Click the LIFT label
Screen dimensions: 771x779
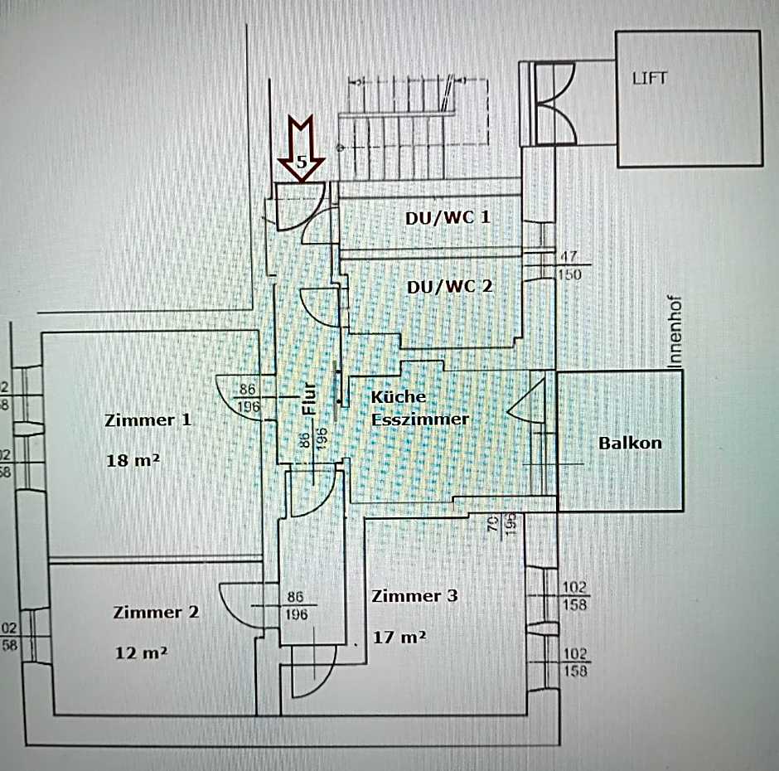649,80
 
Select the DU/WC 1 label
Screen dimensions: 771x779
448,217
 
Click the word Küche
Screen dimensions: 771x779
399,396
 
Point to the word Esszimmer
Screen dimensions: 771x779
419,419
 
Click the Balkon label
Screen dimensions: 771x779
630,442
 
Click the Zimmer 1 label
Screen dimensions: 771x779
148,419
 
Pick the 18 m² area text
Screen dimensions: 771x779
133,460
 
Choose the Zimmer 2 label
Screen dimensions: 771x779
157,612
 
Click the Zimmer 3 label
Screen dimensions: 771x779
414,595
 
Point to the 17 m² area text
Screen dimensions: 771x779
399,637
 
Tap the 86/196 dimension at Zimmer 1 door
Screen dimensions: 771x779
247,397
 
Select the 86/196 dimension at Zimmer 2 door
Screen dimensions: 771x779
297,605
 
